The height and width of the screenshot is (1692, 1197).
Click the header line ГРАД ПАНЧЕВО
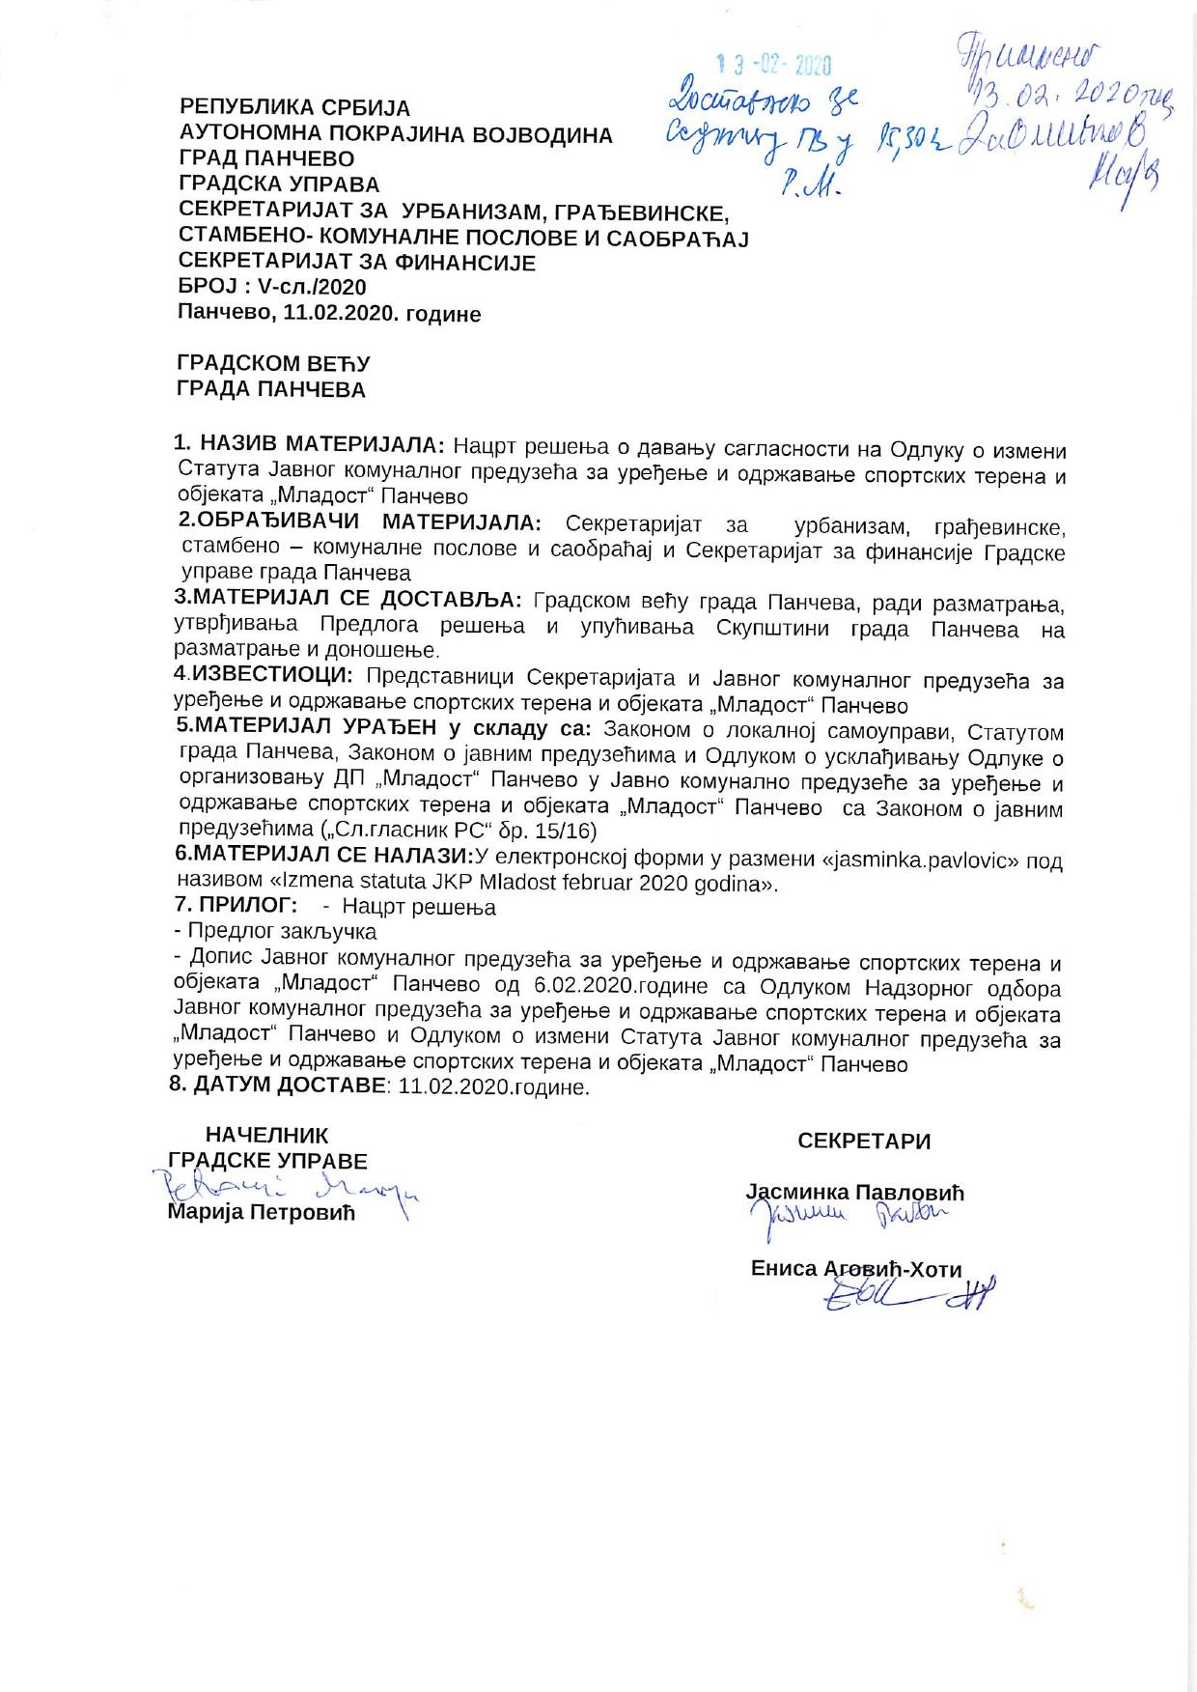pos(266,159)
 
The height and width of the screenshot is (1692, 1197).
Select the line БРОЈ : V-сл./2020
pos(273,287)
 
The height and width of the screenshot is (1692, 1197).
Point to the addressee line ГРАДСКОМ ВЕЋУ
pos(273,364)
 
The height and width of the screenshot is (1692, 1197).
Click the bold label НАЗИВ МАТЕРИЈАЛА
pos(320,445)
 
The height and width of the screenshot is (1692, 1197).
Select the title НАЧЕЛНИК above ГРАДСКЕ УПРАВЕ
pos(266,1136)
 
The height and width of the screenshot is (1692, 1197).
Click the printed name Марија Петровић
pos(262,1212)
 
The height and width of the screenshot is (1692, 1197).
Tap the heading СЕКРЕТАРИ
pos(864,1142)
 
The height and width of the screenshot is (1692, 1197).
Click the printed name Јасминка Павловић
pos(854,1193)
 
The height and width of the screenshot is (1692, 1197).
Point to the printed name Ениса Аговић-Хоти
pos(856,1269)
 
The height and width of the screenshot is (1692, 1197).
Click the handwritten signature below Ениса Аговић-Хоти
pos(907,1295)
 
